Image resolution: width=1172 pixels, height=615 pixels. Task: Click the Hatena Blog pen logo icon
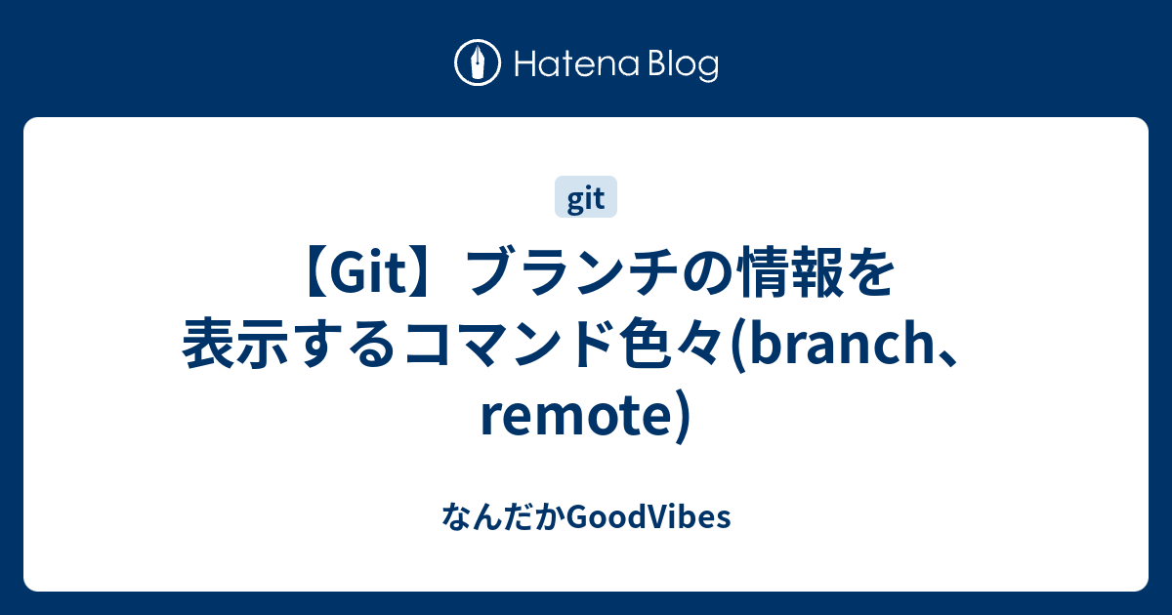[x=479, y=64]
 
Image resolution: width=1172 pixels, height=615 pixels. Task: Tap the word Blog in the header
[x=679, y=65]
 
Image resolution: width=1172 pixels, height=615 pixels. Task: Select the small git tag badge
[x=586, y=199]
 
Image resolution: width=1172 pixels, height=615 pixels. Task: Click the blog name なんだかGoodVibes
[x=586, y=516]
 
